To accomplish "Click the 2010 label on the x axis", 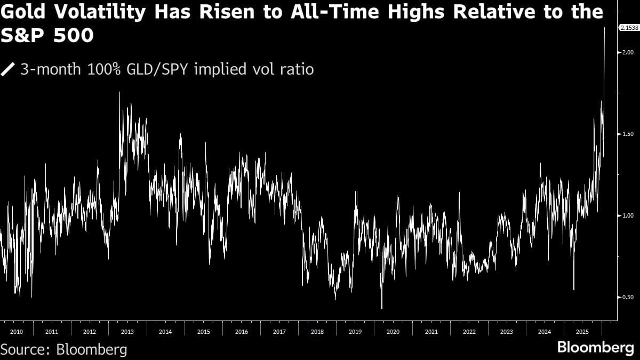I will point(16,332).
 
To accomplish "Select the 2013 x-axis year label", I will point(127,332).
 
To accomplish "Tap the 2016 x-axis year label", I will point(242,332).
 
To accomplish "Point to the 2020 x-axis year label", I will point(393,332).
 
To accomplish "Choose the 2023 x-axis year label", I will point(507,332).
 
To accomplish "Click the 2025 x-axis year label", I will point(583,332).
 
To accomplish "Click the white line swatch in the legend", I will point(9,69).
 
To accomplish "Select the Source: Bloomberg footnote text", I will point(64,349).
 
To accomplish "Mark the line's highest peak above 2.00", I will point(604,27).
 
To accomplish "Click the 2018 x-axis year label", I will point(317,332).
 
